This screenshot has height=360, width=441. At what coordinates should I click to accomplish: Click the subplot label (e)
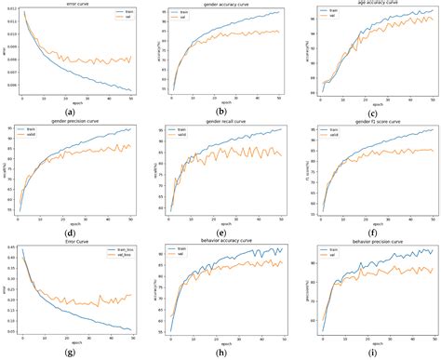point(222,232)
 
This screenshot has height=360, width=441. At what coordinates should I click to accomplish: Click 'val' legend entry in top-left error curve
point(122,20)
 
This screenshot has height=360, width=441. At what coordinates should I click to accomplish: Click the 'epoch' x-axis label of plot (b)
point(223,104)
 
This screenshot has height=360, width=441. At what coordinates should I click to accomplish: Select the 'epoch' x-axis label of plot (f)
point(374,223)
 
